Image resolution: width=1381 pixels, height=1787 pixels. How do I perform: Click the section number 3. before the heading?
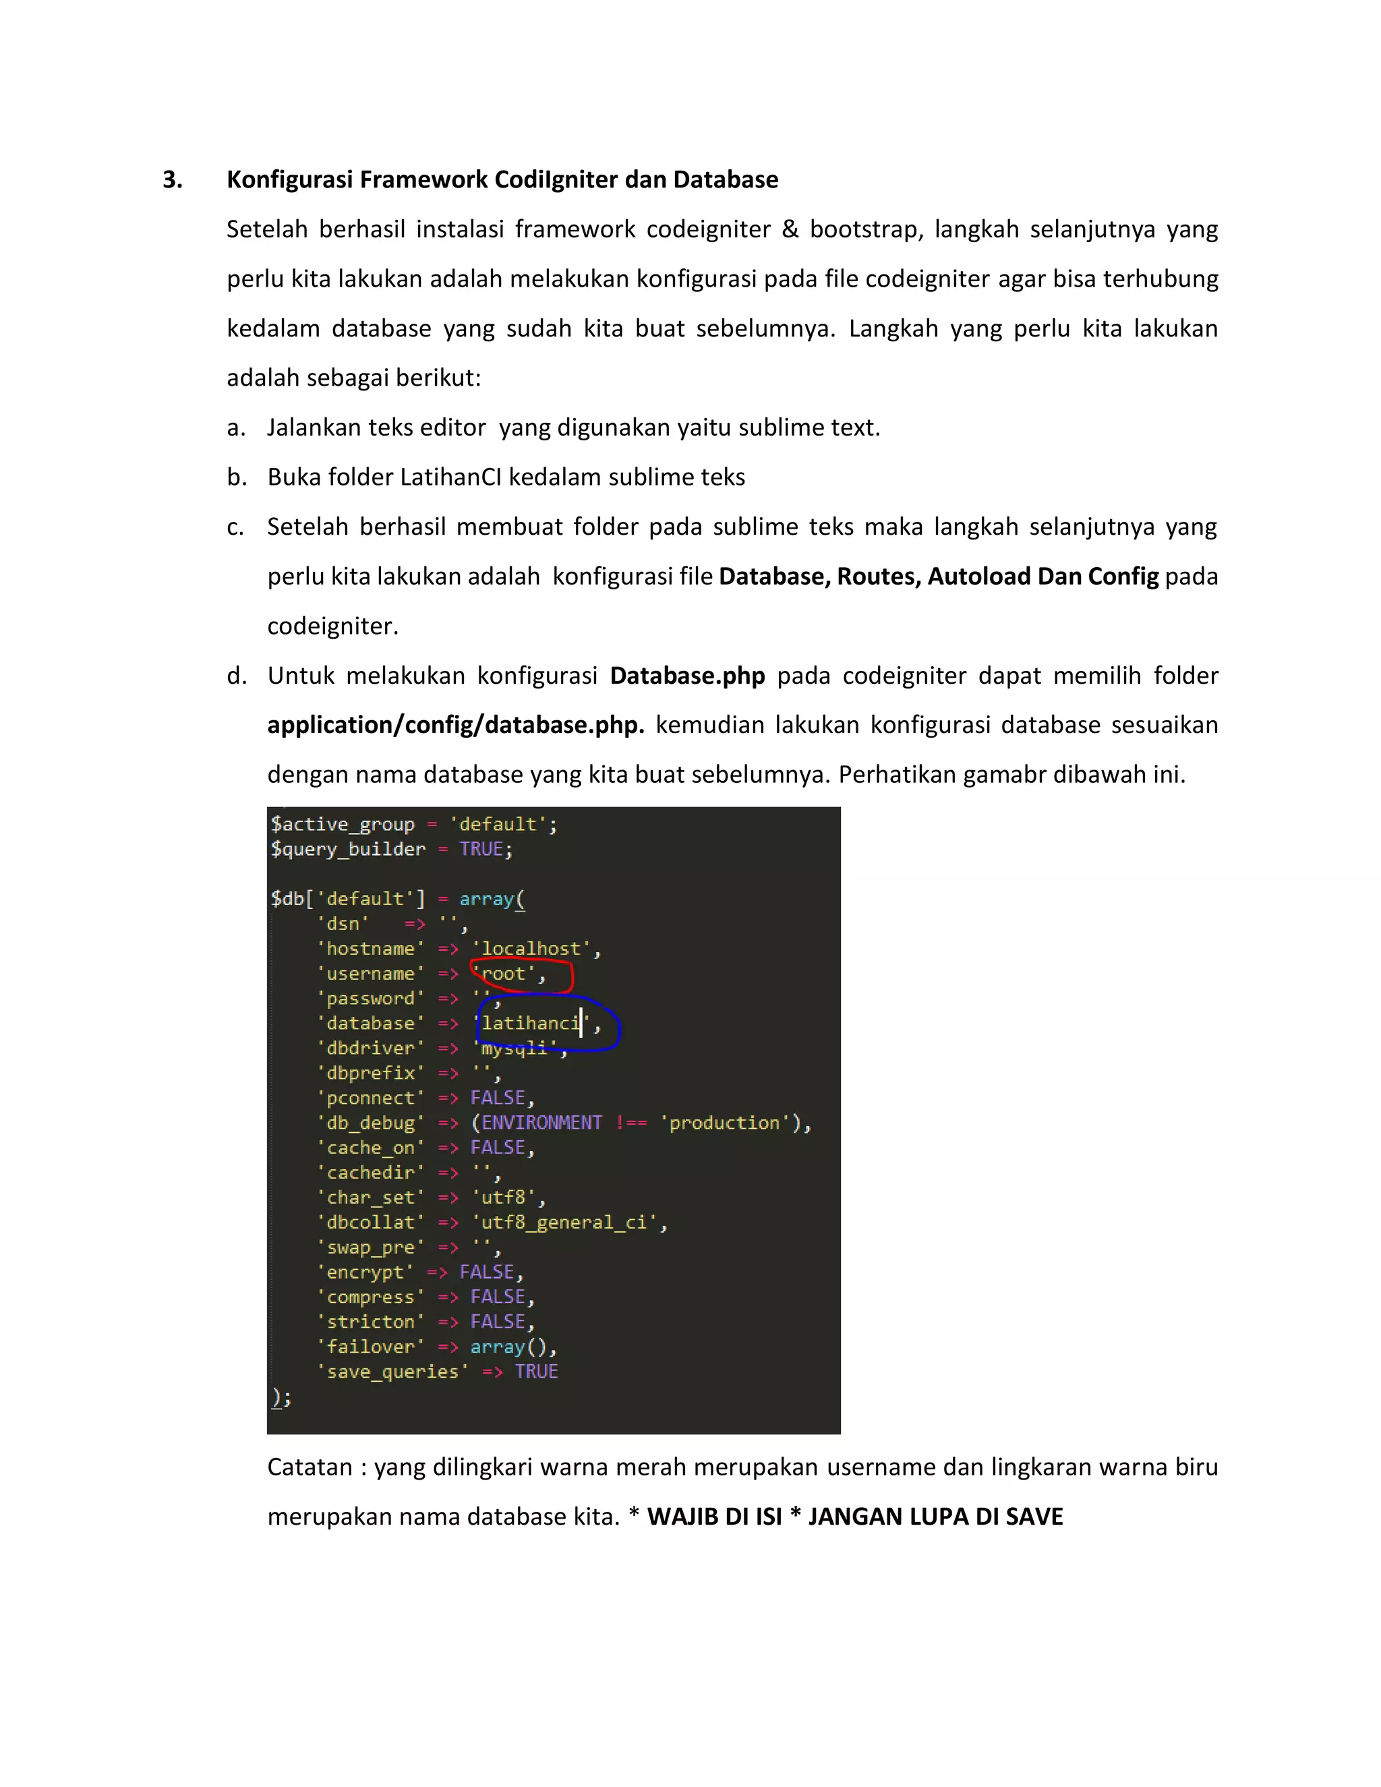coord(172,180)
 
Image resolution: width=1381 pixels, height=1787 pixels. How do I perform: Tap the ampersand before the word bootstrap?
coord(790,229)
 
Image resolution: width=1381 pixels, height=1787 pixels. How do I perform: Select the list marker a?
coord(235,428)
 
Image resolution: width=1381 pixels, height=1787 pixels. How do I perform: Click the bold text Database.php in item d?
coord(687,676)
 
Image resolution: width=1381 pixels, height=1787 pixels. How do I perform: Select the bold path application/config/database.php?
coord(456,726)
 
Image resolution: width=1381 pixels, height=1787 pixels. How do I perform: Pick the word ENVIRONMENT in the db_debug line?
coord(541,1123)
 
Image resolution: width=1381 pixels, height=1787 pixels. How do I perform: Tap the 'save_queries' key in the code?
coord(392,1372)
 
